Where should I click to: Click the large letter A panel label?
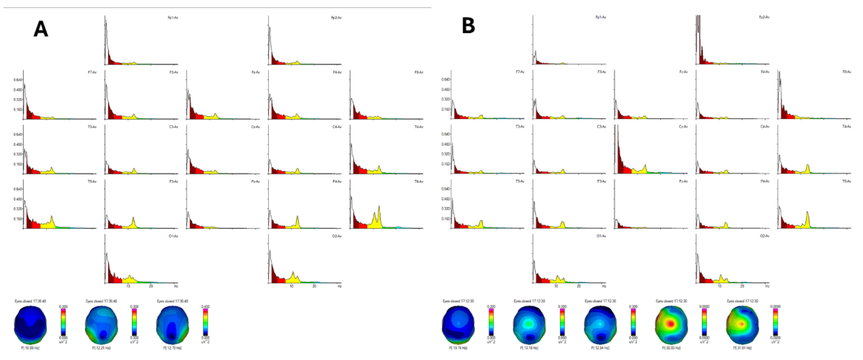[x=40, y=29]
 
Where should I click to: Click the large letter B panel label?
[x=468, y=26]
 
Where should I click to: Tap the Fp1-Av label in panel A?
[x=173, y=17]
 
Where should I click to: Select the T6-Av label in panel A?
[x=419, y=181]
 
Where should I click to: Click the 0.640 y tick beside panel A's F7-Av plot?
[x=17, y=80]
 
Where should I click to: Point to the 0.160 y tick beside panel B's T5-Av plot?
[x=445, y=219]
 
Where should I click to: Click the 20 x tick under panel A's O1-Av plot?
[x=151, y=286]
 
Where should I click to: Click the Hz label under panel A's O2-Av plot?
[x=339, y=286]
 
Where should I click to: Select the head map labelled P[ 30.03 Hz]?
[x=671, y=324]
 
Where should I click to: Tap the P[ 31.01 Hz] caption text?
[x=742, y=348]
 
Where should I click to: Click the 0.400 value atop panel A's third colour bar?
[x=205, y=306]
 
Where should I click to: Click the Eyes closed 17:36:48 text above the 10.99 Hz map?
[x=30, y=301]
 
